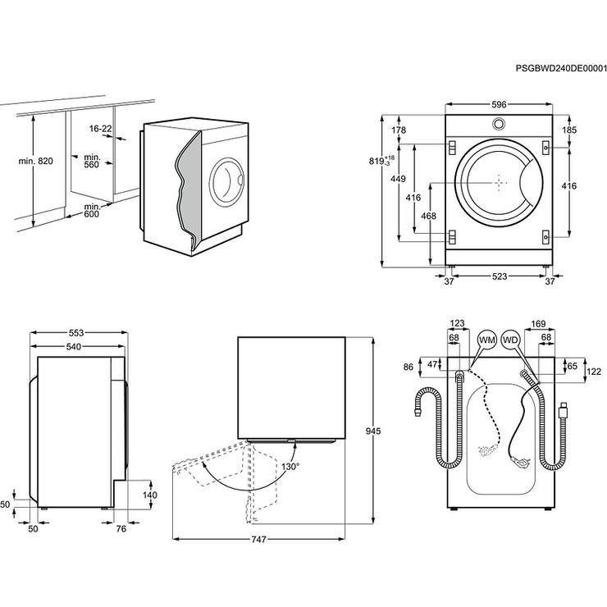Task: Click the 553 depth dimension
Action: click(x=76, y=333)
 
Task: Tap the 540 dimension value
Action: click(x=76, y=348)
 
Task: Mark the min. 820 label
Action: click(x=35, y=162)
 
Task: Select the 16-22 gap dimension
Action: click(x=100, y=129)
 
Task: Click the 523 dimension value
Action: click(x=498, y=279)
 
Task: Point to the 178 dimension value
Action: click(x=399, y=130)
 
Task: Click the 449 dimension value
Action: click(x=397, y=180)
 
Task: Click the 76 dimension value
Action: click(x=120, y=528)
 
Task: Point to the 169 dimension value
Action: click(x=539, y=324)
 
